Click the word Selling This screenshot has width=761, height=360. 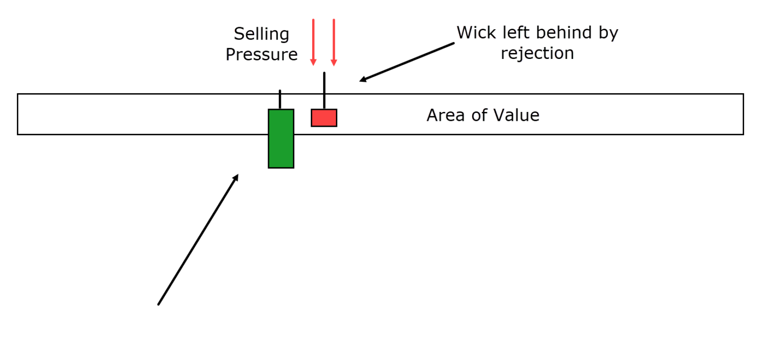pyautogui.click(x=261, y=35)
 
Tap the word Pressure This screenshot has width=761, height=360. pyautogui.click(x=262, y=54)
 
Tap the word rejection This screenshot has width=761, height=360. pyautogui.click(x=537, y=53)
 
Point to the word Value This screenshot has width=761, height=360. pyautogui.click(x=516, y=115)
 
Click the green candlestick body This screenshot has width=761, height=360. pyautogui.click(x=281, y=139)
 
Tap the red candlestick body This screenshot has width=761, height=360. pyautogui.click(x=324, y=118)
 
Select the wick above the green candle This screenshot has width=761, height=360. pyautogui.click(x=280, y=99)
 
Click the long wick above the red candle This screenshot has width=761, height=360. pyautogui.click(x=324, y=91)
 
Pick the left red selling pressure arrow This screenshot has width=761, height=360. pyautogui.click(x=313, y=42)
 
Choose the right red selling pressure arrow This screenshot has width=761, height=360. pyautogui.click(x=334, y=42)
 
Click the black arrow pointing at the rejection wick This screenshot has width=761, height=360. pyautogui.click(x=406, y=62)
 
